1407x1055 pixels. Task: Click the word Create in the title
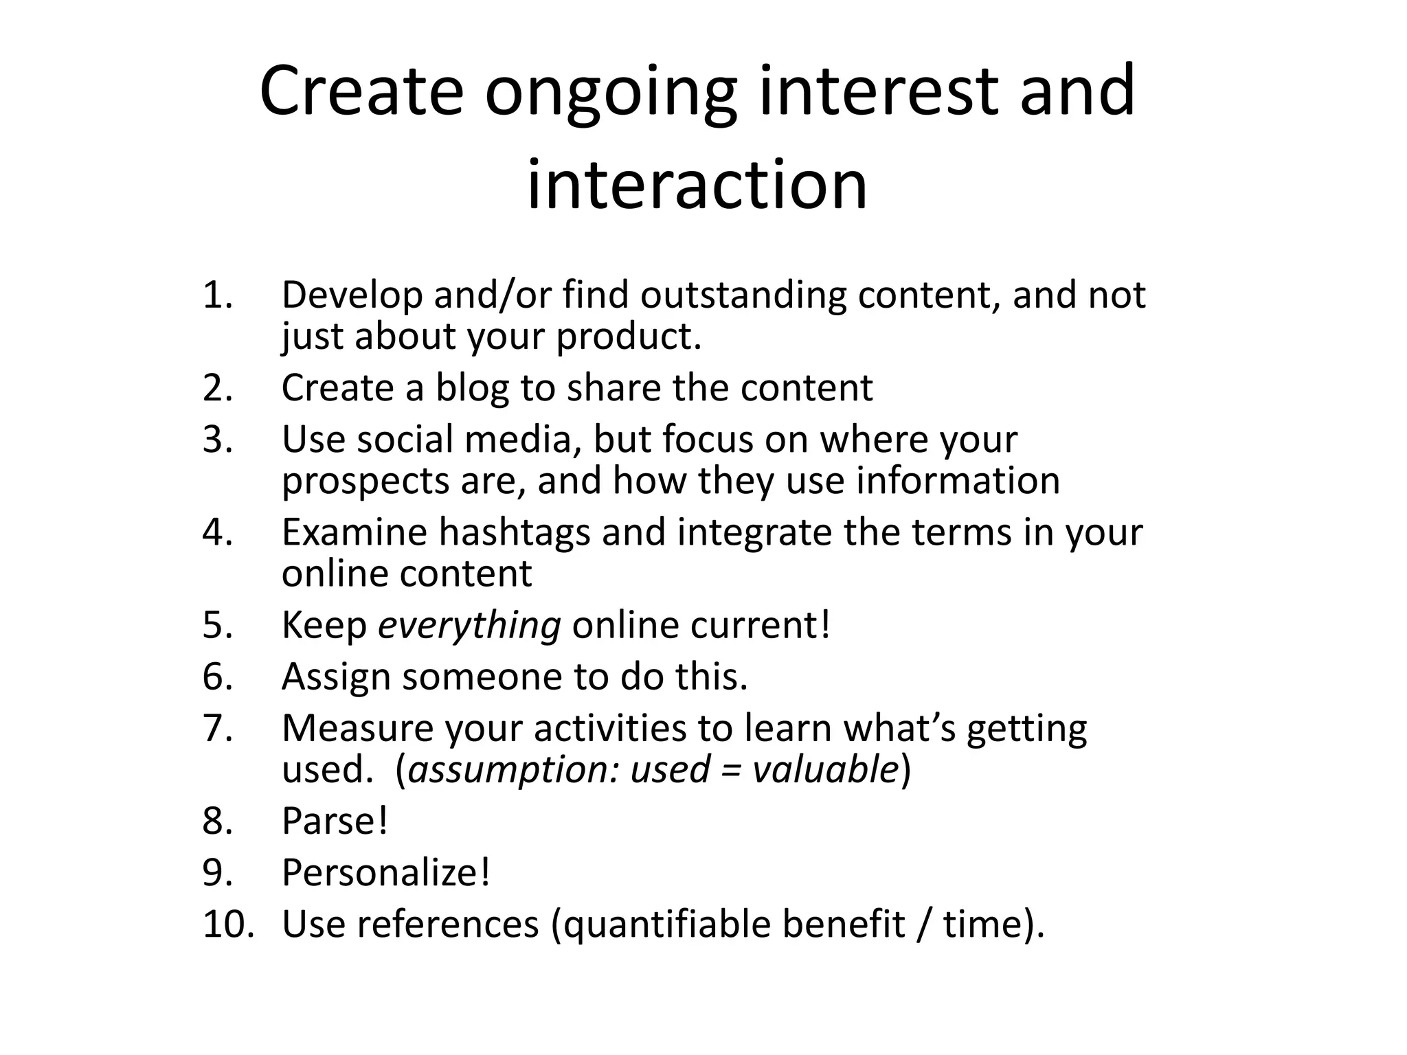pyautogui.click(x=361, y=91)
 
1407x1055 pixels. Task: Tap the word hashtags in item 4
pyautogui.click(x=515, y=532)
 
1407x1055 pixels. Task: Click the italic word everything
pyautogui.click(x=469, y=626)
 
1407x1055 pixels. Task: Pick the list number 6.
pyautogui.click(x=217, y=677)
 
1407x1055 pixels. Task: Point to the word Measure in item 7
pyautogui.click(x=357, y=728)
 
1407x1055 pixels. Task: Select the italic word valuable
pyautogui.click(x=825, y=769)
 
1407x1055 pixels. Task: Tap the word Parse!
pyautogui.click(x=335, y=821)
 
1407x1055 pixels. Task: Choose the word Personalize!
pyautogui.click(x=385, y=873)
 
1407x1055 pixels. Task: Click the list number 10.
pyautogui.click(x=227, y=924)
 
